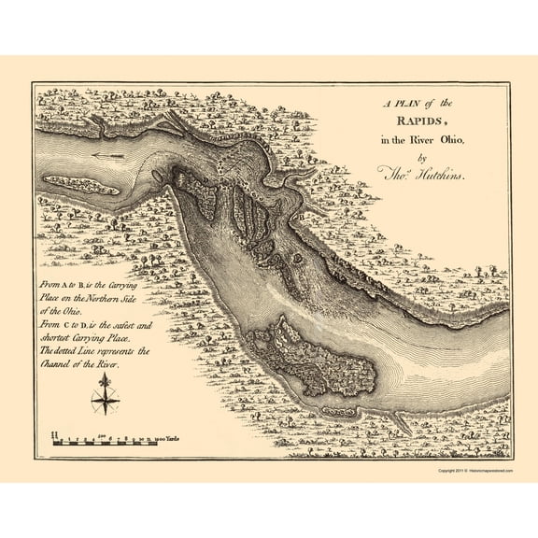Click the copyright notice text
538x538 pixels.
point(476,471)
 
